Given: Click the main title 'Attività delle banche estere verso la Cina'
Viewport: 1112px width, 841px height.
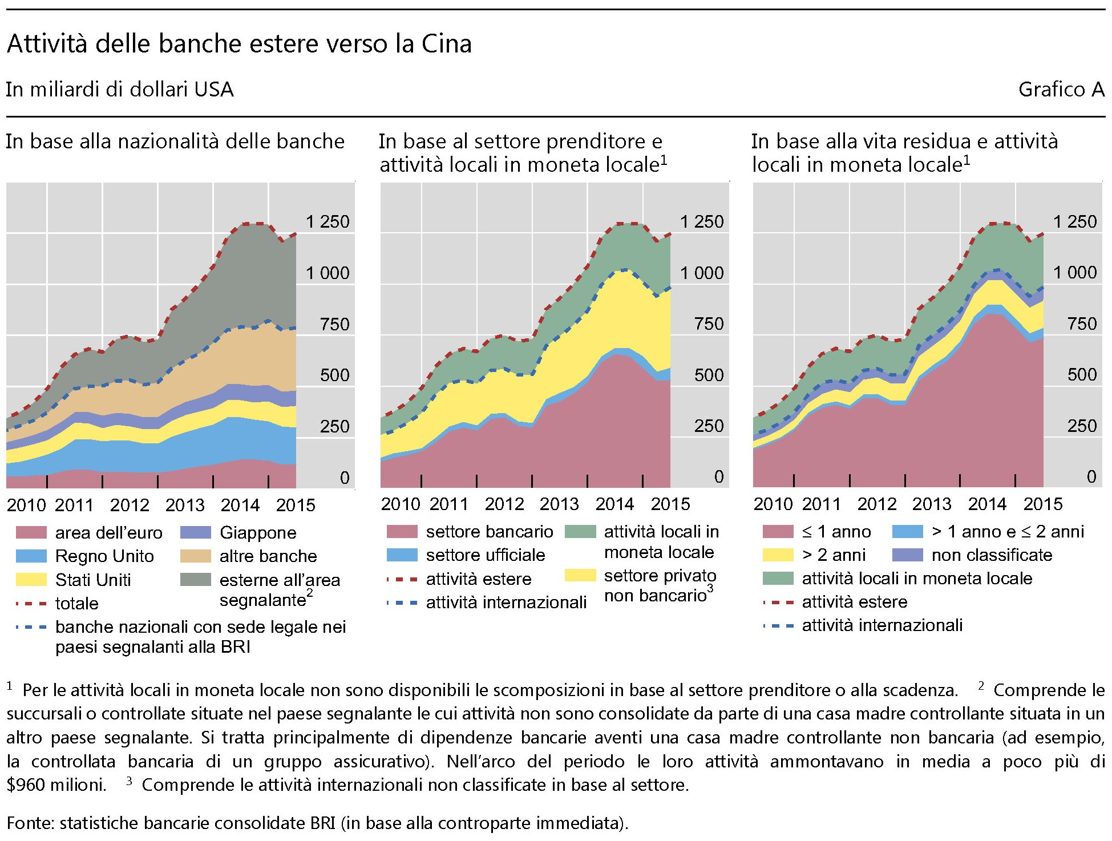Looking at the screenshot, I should pyautogui.click(x=239, y=44).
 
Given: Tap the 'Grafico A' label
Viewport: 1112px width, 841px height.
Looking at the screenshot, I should pyautogui.click(x=1061, y=90).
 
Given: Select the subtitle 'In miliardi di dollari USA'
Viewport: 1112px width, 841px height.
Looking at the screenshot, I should pyautogui.click(x=120, y=90).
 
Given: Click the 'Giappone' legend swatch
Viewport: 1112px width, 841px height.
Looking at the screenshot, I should pyautogui.click(x=195, y=532).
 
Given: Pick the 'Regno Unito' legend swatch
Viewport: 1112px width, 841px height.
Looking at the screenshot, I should pyautogui.click(x=31, y=556).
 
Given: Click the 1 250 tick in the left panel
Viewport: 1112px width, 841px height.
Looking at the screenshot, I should pyautogui.click(x=327, y=221).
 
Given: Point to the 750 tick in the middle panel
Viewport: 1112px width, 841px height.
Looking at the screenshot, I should pyautogui.click(x=708, y=324).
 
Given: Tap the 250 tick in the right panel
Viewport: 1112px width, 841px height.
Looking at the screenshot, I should pyautogui.click(x=1081, y=426).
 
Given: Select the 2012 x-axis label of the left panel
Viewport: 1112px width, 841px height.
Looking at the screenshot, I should pyautogui.click(x=130, y=505).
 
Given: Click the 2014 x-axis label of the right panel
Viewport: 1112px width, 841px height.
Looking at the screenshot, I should pyautogui.click(x=987, y=504).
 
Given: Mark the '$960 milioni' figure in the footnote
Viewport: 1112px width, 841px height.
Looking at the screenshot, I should pyautogui.click(x=56, y=785).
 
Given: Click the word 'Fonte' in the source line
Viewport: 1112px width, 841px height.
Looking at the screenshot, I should pyautogui.click(x=29, y=823).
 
